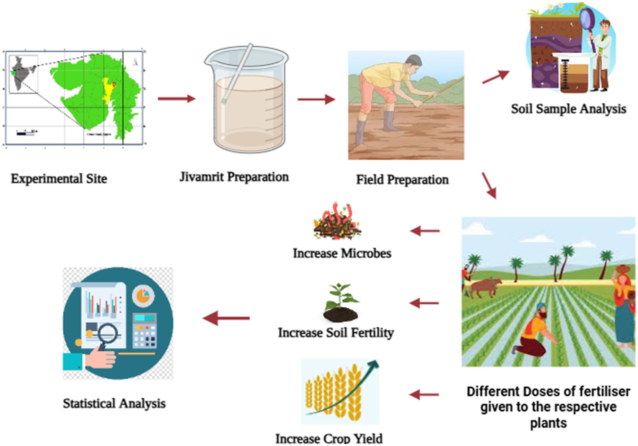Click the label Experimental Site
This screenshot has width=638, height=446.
click(59, 179)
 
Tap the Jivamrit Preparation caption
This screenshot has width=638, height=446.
click(234, 177)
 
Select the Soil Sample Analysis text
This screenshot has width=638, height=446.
click(568, 109)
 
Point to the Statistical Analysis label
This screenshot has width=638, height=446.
click(114, 403)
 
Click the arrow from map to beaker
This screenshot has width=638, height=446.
click(176, 99)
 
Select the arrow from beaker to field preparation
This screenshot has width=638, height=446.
click(316, 99)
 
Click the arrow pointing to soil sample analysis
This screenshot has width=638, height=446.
click(495, 77)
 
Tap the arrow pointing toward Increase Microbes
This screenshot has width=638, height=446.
click(425, 231)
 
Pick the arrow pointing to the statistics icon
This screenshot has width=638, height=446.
click(226, 318)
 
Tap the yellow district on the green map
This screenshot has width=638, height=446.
click(107, 91)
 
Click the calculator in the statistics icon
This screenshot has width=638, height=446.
click(145, 331)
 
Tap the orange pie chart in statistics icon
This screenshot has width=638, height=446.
click(143, 295)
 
